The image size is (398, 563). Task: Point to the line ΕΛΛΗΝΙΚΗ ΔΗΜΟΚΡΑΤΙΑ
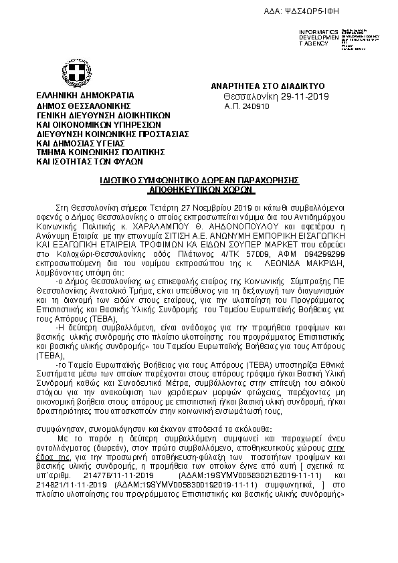pyautogui.click(x=85, y=96)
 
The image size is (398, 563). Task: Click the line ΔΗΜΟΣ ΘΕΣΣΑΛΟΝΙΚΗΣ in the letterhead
pyautogui.click(x=84, y=106)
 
